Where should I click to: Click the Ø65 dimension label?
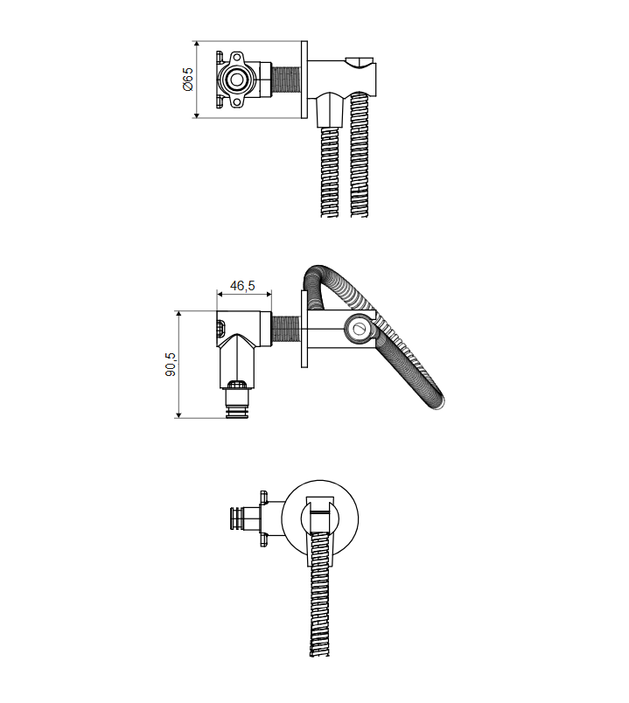click(x=188, y=79)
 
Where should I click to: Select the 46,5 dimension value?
click(x=242, y=285)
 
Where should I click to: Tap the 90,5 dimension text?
click(x=171, y=364)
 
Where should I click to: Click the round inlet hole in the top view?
click(x=236, y=80)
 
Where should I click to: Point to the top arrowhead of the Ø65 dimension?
click(x=196, y=44)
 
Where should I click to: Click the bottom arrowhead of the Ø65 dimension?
click(x=196, y=115)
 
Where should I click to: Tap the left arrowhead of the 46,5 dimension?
click(x=220, y=294)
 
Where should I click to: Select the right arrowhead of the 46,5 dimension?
click(x=269, y=294)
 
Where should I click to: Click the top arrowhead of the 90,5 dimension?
click(x=178, y=314)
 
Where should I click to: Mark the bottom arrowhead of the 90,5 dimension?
click(x=178, y=414)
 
